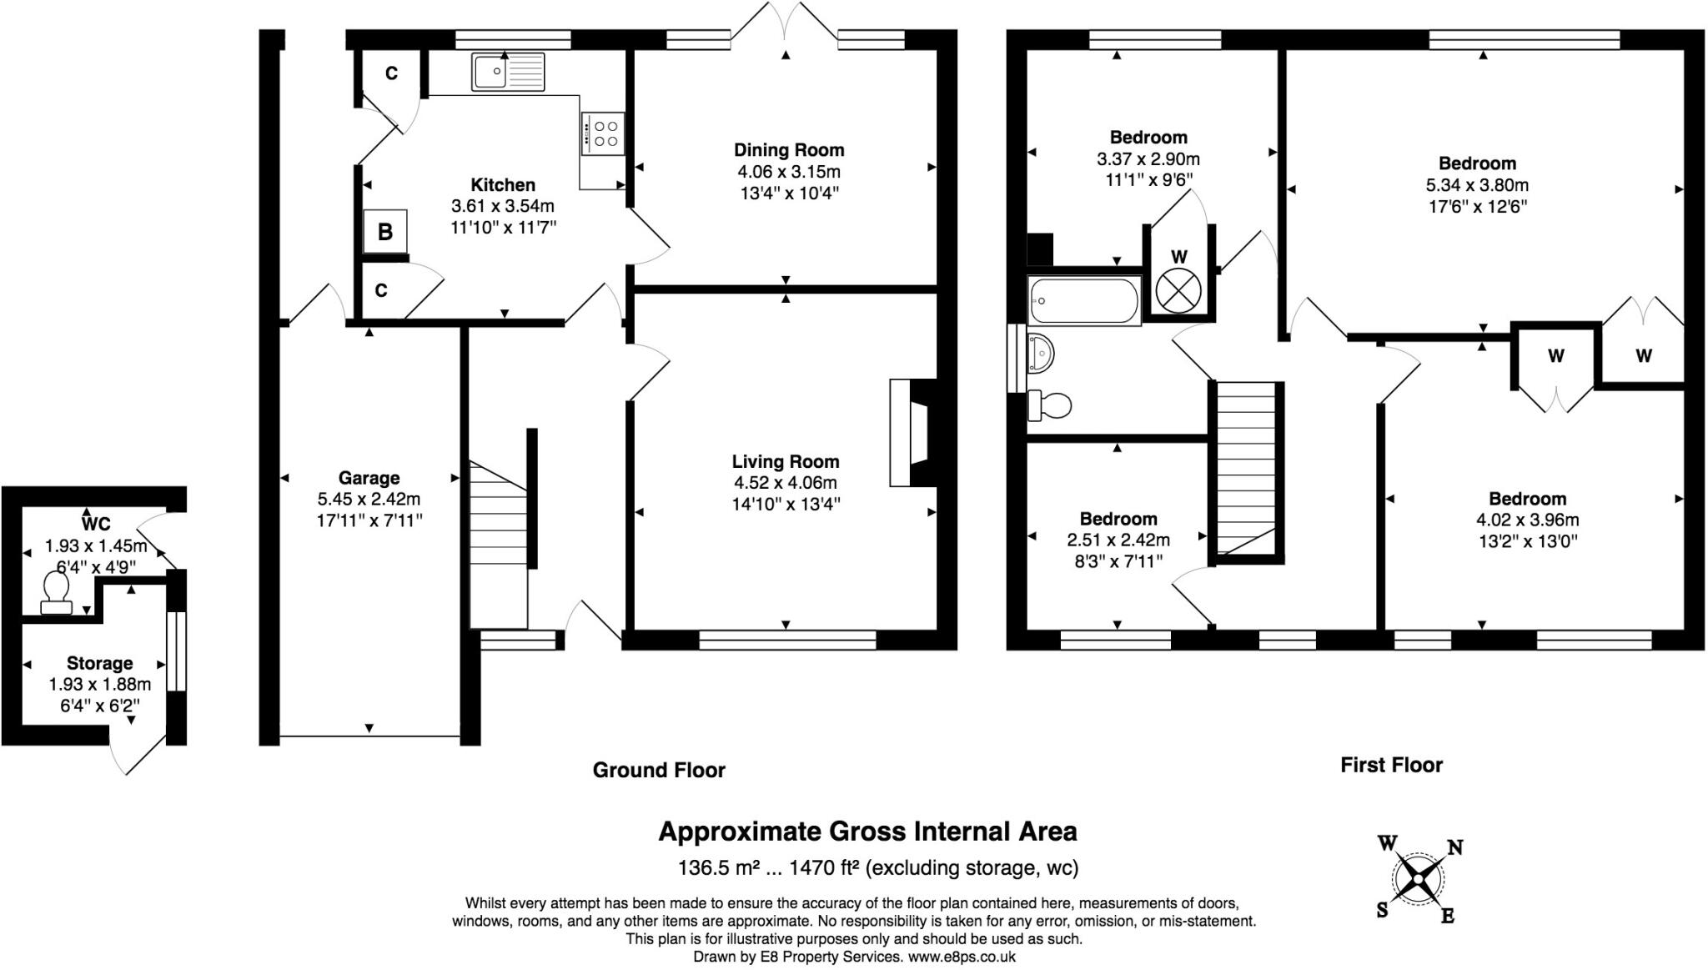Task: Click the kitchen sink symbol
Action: click(x=507, y=72)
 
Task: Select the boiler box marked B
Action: click(x=385, y=231)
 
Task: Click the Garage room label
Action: click(x=369, y=478)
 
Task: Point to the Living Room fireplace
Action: click(x=914, y=432)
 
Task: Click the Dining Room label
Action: click(x=788, y=150)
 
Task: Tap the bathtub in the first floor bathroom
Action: click(x=1084, y=301)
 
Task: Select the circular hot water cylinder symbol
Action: click(x=1178, y=292)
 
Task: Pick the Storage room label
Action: click(x=99, y=663)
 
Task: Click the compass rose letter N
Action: click(x=1454, y=847)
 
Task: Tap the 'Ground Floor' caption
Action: click(x=659, y=770)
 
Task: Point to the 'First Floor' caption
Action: click(x=1391, y=765)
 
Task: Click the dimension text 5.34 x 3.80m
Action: click(x=1477, y=185)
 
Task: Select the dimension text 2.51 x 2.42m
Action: click(x=1118, y=540)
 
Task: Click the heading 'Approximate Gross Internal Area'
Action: click(x=867, y=832)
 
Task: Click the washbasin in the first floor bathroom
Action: click(x=1041, y=353)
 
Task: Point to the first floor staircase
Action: click(x=1246, y=468)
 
